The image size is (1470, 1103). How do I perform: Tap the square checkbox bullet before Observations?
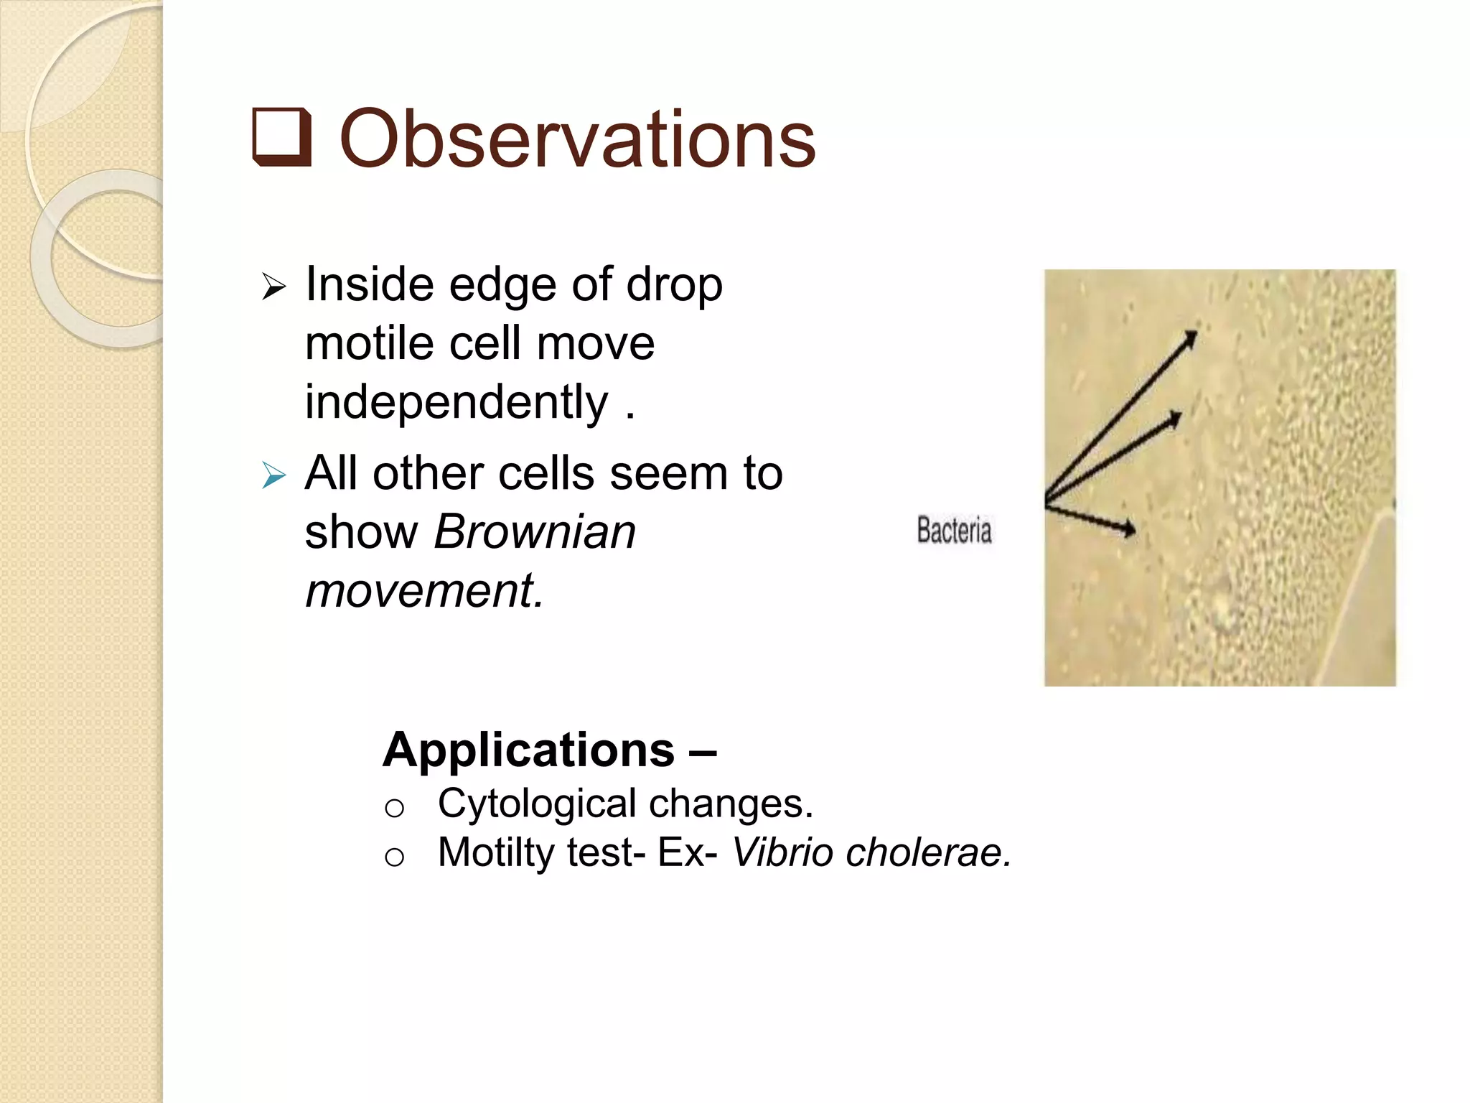point(282,137)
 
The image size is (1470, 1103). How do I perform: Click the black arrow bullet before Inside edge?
point(274,287)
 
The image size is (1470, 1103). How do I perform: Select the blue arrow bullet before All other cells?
point(274,475)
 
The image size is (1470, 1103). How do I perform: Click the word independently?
point(457,402)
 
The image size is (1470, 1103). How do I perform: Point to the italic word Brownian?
point(535,533)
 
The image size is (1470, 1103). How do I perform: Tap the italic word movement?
point(423,591)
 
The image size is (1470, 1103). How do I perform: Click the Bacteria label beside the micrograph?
point(954,531)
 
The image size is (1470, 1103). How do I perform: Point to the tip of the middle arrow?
point(1179,415)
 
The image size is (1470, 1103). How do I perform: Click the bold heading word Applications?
point(528,750)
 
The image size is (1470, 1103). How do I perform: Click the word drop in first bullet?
point(674,286)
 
